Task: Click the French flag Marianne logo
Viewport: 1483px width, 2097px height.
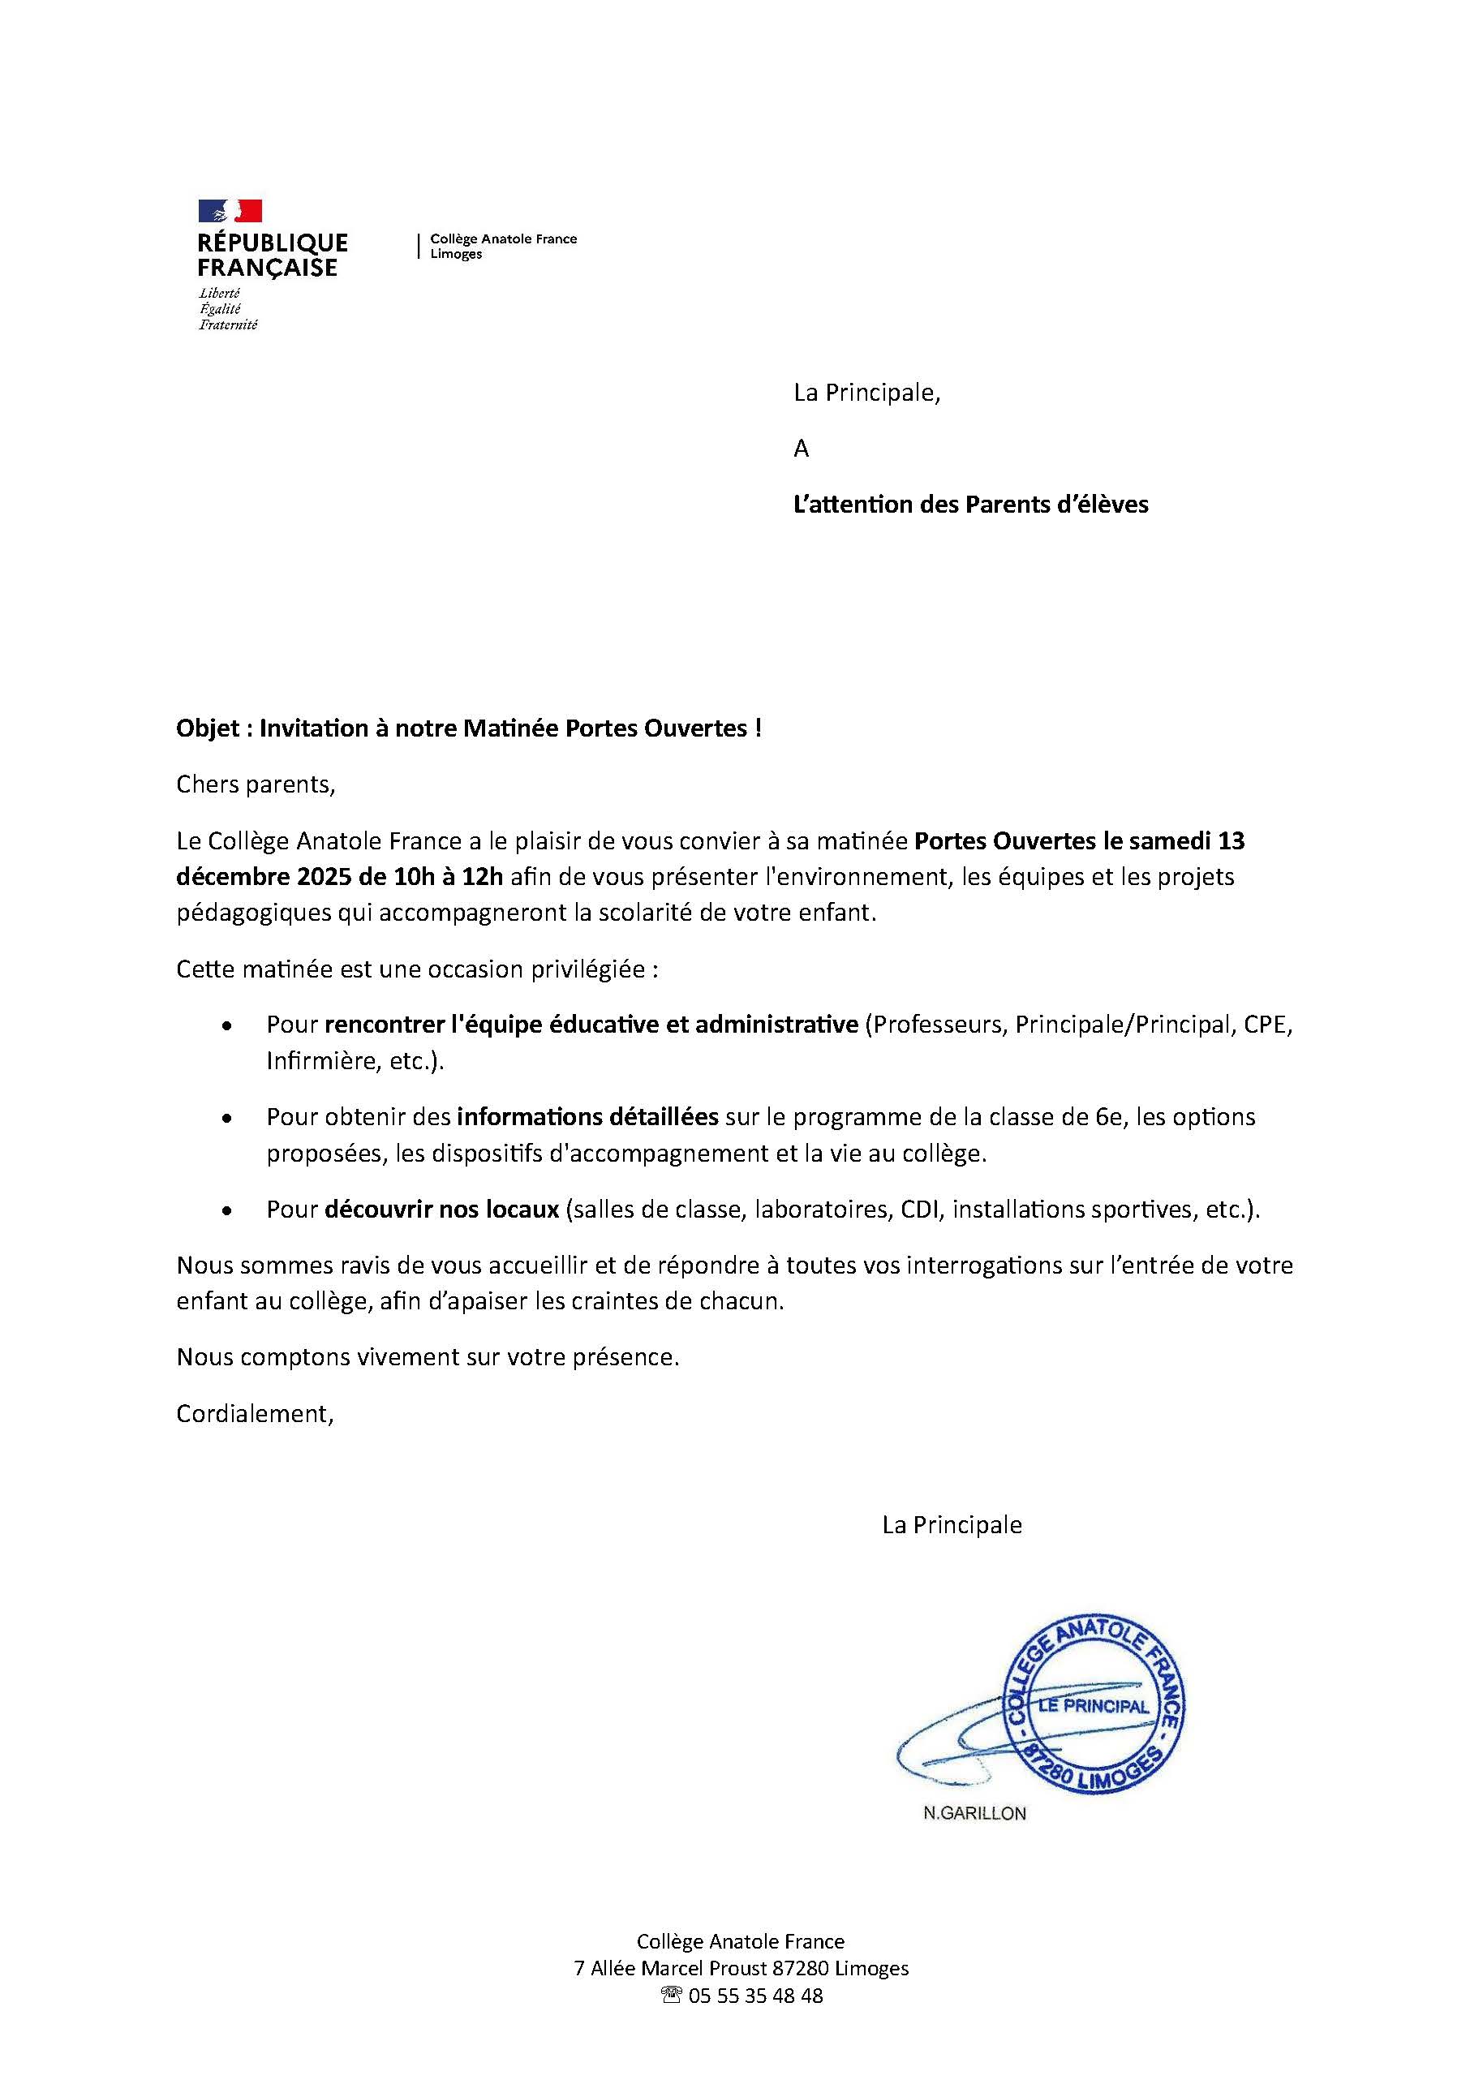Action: tap(230, 211)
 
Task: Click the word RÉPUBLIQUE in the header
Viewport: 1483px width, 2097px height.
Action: tap(272, 243)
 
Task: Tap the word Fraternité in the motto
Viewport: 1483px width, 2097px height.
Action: tap(228, 324)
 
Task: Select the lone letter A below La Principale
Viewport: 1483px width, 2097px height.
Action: tap(801, 449)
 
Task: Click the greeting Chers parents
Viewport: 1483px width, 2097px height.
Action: tap(256, 784)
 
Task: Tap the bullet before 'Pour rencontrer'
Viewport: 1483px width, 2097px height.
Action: tap(226, 1026)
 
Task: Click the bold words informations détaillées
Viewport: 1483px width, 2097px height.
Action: tap(588, 1117)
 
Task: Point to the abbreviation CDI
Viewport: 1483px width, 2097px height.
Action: tap(922, 1210)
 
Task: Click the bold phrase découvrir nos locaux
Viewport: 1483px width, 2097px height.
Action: tap(441, 1210)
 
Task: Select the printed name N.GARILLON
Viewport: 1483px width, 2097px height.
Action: tap(974, 1814)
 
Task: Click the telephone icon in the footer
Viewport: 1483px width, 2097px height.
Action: tap(671, 1996)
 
